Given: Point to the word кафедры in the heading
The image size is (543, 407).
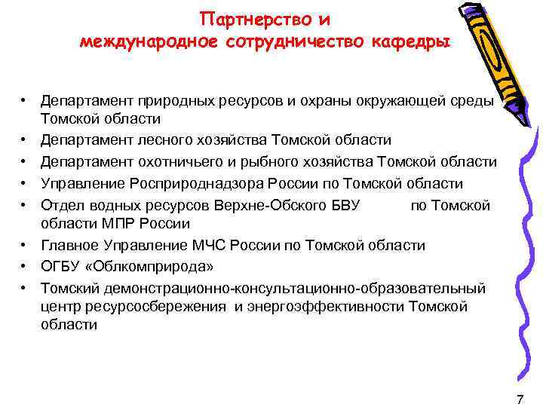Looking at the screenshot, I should coord(407,41).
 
